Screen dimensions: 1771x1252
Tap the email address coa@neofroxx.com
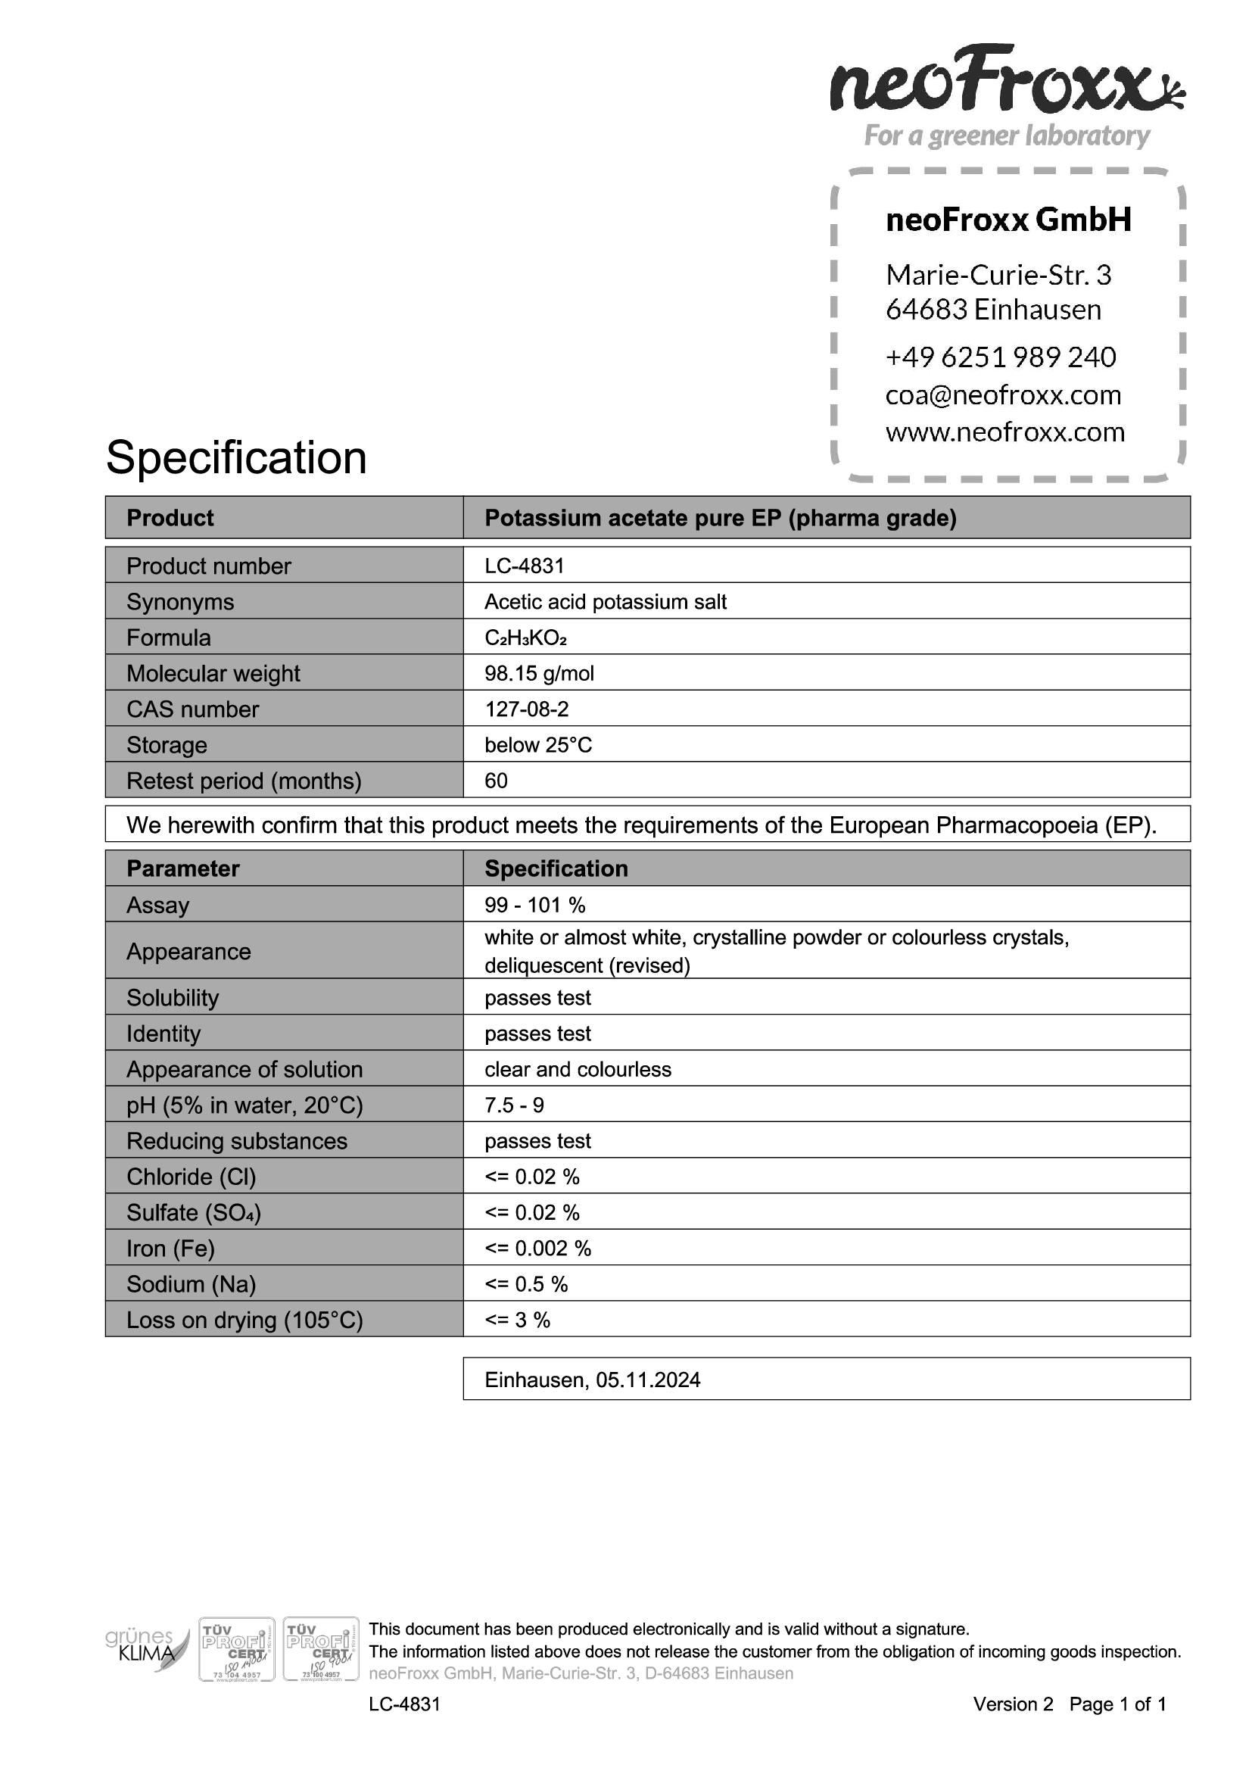tap(1003, 395)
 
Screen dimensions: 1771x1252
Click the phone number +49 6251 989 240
tap(1000, 357)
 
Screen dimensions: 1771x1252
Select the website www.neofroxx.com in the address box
tap(1004, 432)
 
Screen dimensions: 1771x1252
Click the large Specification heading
tap(236, 457)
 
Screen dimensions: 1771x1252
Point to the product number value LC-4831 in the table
tap(525, 566)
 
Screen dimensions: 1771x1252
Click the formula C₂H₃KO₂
tap(525, 638)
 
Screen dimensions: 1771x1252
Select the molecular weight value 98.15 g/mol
tap(539, 673)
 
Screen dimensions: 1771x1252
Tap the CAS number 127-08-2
tap(527, 709)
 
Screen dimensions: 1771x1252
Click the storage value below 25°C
tap(538, 745)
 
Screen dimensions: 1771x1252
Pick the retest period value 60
tap(496, 781)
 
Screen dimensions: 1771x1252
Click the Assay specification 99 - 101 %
tap(534, 905)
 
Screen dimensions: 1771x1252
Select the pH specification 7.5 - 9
tap(513, 1105)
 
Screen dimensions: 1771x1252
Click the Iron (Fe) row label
tap(170, 1248)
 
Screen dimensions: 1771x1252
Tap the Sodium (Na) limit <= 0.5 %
tap(526, 1284)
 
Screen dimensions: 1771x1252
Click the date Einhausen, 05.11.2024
tap(592, 1380)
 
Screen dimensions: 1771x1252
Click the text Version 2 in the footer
tap(1012, 1704)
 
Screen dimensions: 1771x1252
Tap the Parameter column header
tap(182, 868)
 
